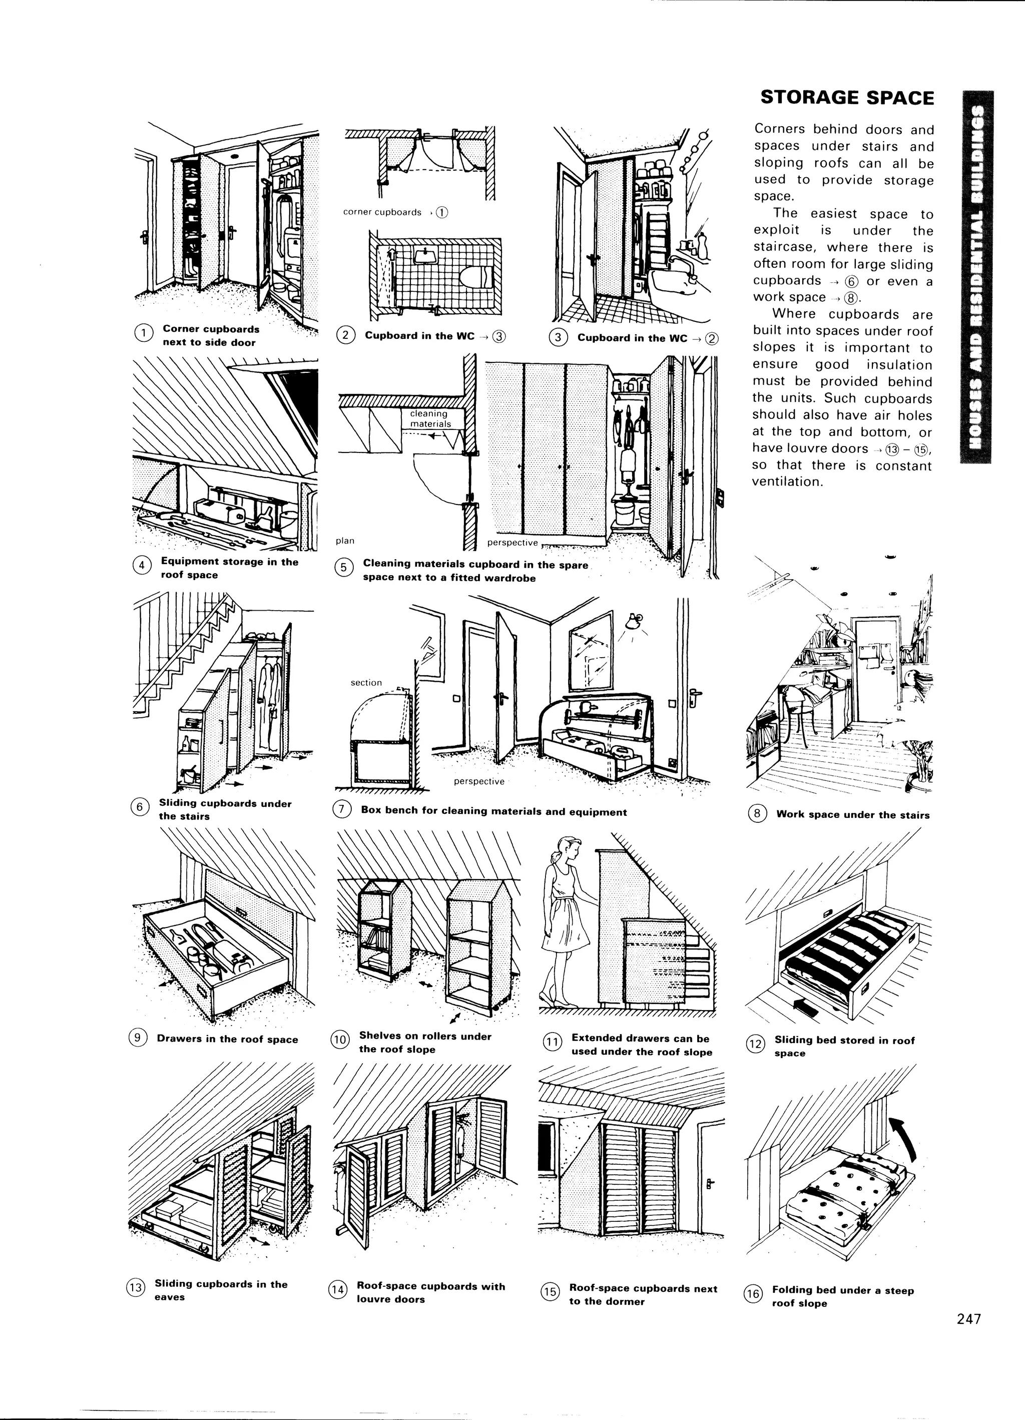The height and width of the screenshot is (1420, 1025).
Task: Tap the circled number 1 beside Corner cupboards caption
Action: [x=143, y=333]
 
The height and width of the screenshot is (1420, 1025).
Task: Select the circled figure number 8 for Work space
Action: [x=757, y=814]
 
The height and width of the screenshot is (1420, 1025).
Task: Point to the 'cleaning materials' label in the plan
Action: [x=429, y=418]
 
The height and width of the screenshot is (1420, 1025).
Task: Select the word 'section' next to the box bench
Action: [x=366, y=682]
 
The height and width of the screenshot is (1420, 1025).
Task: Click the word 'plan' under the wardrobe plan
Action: [x=345, y=541]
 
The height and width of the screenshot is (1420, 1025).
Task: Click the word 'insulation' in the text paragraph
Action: [x=900, y=365]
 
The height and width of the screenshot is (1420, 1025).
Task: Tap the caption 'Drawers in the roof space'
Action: [x=227, y=1039]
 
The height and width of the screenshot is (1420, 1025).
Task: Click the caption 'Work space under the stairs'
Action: [x=853, y=814]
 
